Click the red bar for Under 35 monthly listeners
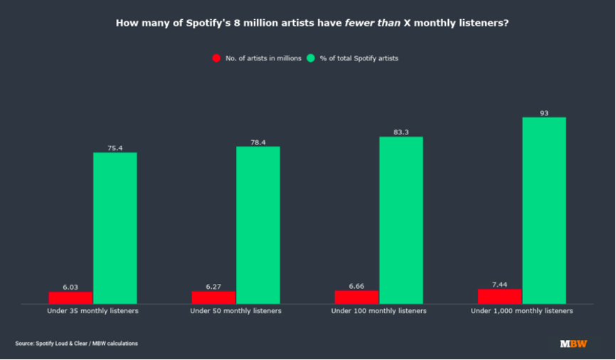pyautogui.click(x=70, y=297)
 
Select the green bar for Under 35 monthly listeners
pyautogui.click(x=115, y=228)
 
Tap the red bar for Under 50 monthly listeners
pyautogui.click(x=213, y=297)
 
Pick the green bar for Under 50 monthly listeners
pyautogui.click(x=257, y=225)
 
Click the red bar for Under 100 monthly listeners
pyautogui.click(x=356, y=297)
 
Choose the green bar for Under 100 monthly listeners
pyautogui.click(x=400, y=220)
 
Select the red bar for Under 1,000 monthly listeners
pyautogui.click(x=499, y=296)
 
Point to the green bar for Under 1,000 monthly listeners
pyautogui.click(x=544, y=210)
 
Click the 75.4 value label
pyautogui.click(x=115, y=148)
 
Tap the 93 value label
pyautogui.click(x=544, y=112)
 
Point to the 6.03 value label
pyautogui.click(x=70, y=287)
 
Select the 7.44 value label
pyautogui.click(x=499, y=284)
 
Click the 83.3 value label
pyautogui.click(x=400, y=132)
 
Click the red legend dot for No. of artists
pyautogui.click(x=217, y=58)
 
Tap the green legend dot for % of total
pyautogui.click(x=311, y=58)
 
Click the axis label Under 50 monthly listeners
pyautogui.click(x=235, y=311)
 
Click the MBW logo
pyautogui.click(x=573, y=344)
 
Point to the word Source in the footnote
pyautogui.click(x=25, y=344)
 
